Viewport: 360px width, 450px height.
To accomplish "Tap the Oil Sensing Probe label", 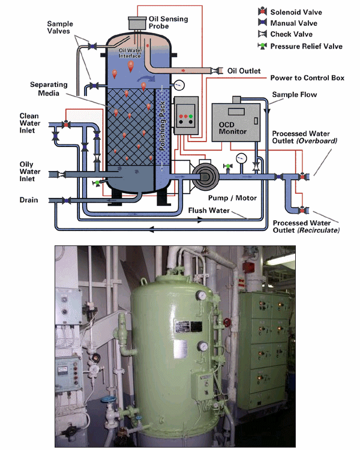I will pyautogui.click(x=168, y=22).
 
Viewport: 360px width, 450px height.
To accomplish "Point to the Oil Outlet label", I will pyautogui.click(x=244, y=71).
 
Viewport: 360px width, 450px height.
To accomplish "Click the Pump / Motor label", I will pyautogui.click(x=232, y=198).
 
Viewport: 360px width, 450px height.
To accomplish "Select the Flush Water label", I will pyautogui.click(x=209, y=211).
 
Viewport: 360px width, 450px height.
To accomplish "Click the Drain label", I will pyautogui.click(x=29, y=200).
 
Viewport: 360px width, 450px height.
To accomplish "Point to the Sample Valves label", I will pyautogui.click(x=59, y=27).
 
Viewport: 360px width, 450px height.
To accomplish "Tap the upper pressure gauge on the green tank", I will pyautogui.click(x=202, y=295).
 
